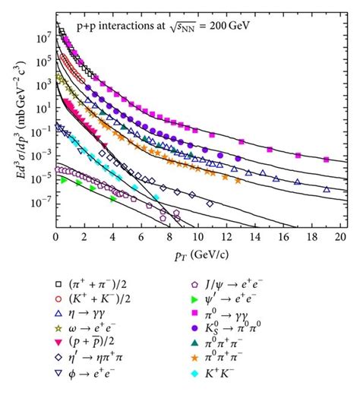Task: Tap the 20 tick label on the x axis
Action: pyautogui.click(x=340, y=238)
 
